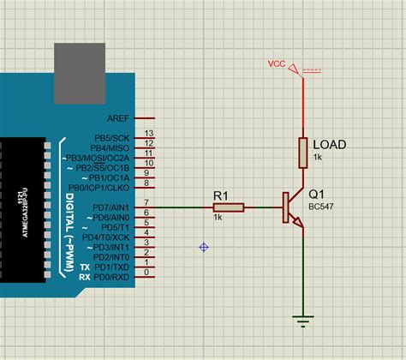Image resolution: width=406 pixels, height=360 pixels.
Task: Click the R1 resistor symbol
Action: coord(229,207)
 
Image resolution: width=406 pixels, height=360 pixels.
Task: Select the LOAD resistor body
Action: coord(302,152)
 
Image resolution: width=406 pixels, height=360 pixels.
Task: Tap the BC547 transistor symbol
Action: coord(291,209)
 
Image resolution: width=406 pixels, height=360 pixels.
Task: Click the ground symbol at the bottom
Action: coord(302,321)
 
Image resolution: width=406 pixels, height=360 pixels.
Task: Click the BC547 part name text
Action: coord(321,207)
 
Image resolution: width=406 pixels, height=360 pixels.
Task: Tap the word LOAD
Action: coord(330,145)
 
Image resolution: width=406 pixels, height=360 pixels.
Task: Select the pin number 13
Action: coord(149,134)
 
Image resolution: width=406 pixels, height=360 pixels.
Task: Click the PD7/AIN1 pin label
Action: coord(110,207)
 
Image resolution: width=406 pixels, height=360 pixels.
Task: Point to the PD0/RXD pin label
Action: coord(110,276)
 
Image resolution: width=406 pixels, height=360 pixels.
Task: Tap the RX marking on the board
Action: coord(84,277)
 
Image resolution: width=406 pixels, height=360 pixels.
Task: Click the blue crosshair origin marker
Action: coord(204,247)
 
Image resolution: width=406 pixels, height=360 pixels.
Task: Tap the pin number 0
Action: coord(149,273)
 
